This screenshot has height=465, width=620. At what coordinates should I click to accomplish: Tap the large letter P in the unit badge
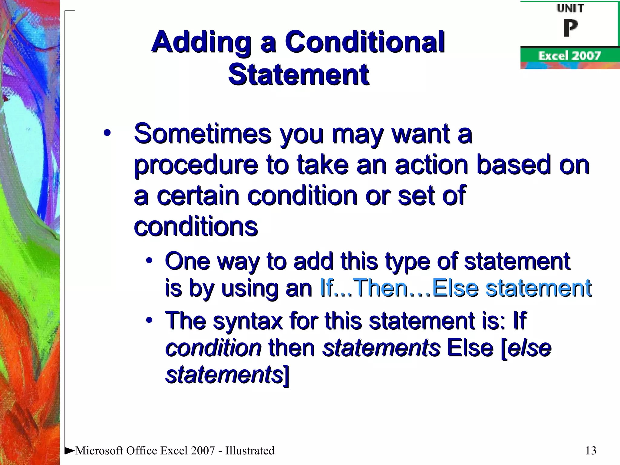pos(570,28)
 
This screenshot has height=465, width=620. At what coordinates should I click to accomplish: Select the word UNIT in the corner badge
pos(570,8)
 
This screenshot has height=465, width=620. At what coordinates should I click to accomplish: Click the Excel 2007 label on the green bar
pos(569,56)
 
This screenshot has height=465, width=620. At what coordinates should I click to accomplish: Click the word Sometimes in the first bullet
pos(203,134)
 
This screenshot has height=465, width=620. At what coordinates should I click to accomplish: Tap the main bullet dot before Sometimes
pos(107,133)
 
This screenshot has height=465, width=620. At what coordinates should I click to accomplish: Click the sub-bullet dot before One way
pos(149,261)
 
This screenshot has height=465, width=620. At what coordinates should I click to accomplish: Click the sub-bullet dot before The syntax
pos(149,320)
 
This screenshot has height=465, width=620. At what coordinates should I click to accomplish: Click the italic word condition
pos(213,348)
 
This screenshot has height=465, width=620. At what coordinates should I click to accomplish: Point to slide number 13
pos(591,450)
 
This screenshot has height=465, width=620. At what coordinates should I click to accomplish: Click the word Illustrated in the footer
pos(250,450)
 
